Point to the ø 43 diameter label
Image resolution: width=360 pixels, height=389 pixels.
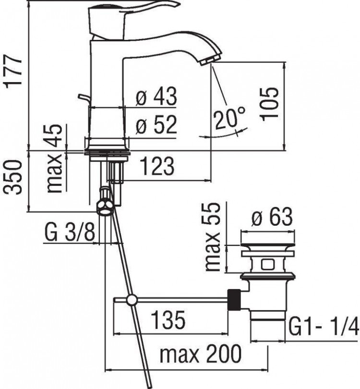click(156, 97)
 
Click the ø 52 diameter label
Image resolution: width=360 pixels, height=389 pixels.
click(156, 126)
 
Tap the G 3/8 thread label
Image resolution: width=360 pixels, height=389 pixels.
click(70, 233)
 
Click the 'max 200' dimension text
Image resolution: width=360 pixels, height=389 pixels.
click(201, 355)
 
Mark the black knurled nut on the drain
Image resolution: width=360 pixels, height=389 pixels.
click(235, 300)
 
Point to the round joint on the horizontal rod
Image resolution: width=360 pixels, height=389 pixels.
click(131, 301)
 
